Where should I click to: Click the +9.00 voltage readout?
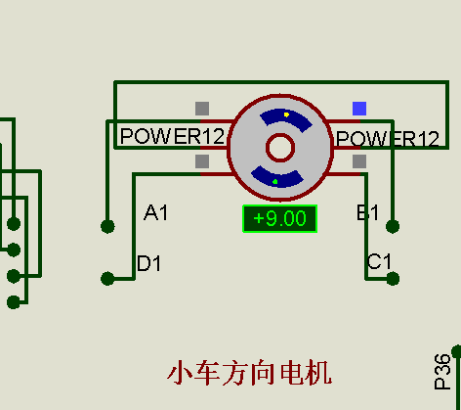(x=280, y=218)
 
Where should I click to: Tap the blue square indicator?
(x=359, y=109)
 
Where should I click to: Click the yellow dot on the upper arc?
(x=286, y=114)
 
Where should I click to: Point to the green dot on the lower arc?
(x=275, y=182)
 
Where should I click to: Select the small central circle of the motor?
(x=280, y=148)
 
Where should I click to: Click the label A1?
(x=155, y=212)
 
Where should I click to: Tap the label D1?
(x=149, y=263)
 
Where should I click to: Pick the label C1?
(x=379, y=261)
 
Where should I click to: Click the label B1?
(x=367, y=212)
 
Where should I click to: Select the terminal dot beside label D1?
(x=107, y=279)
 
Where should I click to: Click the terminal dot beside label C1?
(x=393, y=279)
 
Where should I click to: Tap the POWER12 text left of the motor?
(x=172, y=136)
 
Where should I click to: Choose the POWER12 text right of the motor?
(x=388, y=139)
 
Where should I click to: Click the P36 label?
(x=442, y=372)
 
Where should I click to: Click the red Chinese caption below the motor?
(x=250, y=373)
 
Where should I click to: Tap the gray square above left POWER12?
(x=202, y=109)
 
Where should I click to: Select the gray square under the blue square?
(x=359, y=161)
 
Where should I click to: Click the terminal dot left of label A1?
(x=107, y=226)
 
